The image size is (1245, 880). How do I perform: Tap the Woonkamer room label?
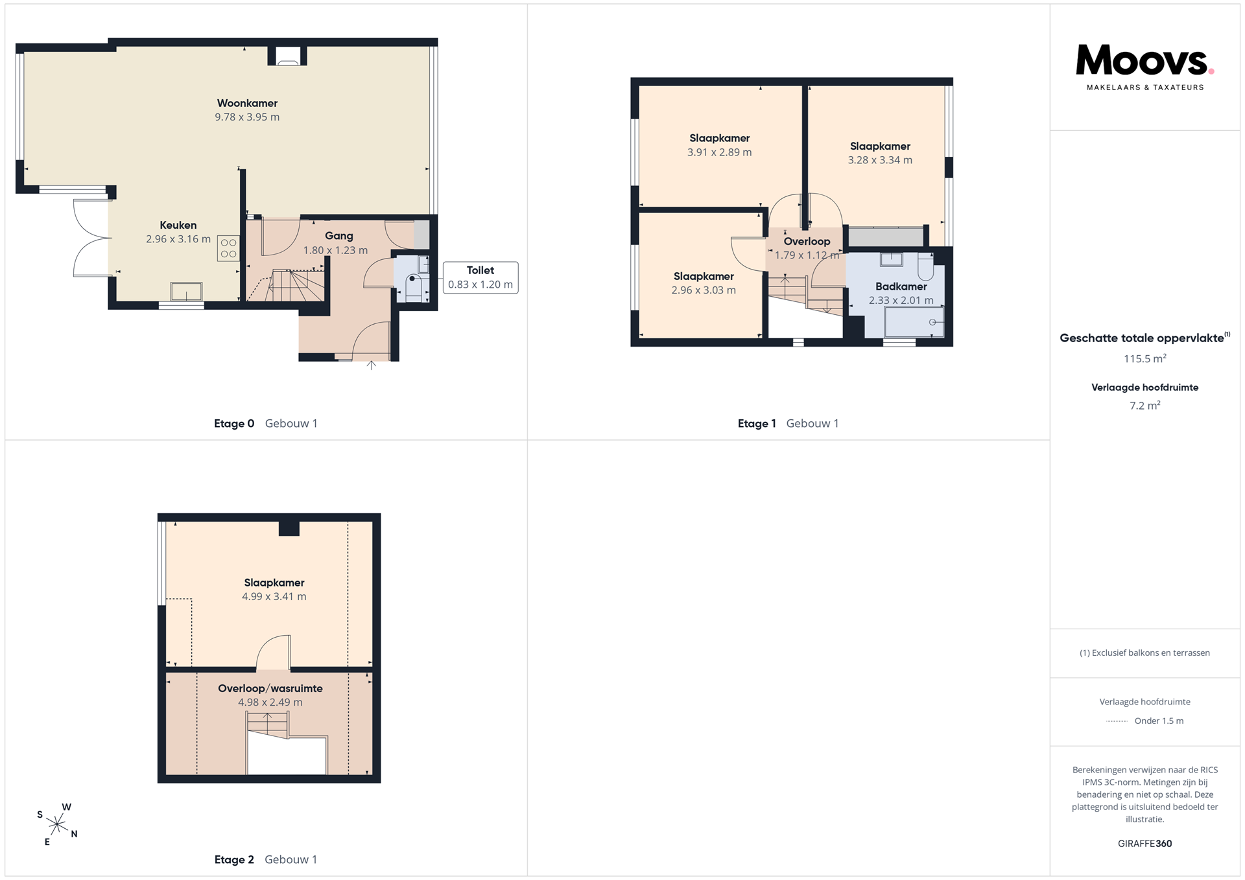tap(247, 103)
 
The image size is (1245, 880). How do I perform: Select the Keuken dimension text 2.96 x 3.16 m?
tap(178, 239)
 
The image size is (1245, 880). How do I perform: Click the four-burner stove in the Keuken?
tap(228, 248)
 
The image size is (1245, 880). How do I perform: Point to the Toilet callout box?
tap(480, 277)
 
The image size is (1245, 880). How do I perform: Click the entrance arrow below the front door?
tap(372, 365)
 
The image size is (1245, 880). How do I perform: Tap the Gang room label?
tap(339, 236)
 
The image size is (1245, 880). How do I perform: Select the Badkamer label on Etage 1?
tap(901, 286)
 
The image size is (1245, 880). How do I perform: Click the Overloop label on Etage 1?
tap(807, 241)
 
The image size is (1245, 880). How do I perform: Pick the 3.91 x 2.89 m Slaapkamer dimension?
tap(720, 152)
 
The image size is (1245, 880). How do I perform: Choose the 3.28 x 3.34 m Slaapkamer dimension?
tap(880, 160)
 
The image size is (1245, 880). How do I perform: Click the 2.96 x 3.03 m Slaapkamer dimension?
tap(704, 290)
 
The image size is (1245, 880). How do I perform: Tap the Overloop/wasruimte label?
tap(270, 688)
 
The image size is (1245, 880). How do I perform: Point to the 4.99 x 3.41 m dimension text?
tap(274, 596)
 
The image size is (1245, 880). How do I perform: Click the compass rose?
tap(57, 824)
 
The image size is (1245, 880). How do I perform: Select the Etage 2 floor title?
tap(234, 859)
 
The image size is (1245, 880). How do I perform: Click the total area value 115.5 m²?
tap(1145, 358)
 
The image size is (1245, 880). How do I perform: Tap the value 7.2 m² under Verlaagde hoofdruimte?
tap(1145, 406)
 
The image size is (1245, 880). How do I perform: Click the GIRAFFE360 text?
tap(1145, 843)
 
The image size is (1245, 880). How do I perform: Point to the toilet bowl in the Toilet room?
tap(414, 285)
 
